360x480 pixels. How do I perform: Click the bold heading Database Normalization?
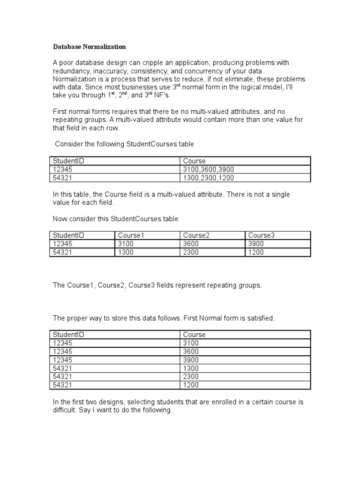(x=89, y=47)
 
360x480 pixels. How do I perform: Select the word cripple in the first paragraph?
(x=158, y=63)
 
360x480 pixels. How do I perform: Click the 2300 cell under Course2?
(x=191, y=252)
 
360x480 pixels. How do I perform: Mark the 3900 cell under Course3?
(x=256, y=244)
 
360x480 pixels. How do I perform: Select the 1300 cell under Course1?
(x=126, y=252)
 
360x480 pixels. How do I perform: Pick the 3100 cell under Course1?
(x=126, y=244)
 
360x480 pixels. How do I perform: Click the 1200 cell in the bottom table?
(x=191, y=385)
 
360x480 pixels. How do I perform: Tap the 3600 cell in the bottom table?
(x=191, y=351)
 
